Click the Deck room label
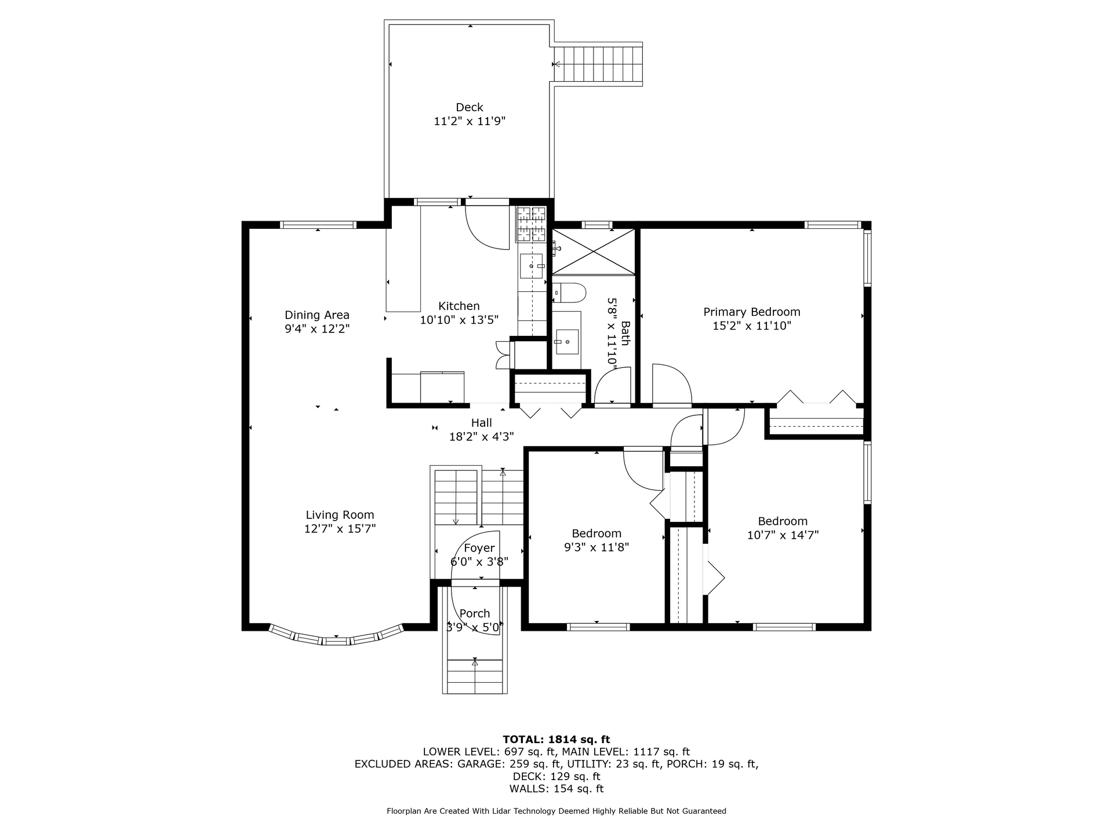click(x=470, y=107)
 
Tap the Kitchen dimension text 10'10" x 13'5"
click(x=459, y=320)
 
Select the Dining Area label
click(x=317, y=315)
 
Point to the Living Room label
click(x=340, y=515)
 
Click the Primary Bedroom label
click(x=752, y=312)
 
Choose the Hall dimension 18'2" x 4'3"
click(x=482, y=437)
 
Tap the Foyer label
click(x=479, y=548)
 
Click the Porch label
click(x=475, y=613)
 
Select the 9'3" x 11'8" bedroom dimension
click(x=596, y=547)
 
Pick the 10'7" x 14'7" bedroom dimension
click(x=783, y=535)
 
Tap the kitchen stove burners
click(x=532, y=224)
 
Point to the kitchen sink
click(x=532, y=266)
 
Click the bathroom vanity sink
click(x=566, y=342)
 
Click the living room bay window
click(x=337, y=637)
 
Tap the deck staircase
click(x=599, y=64)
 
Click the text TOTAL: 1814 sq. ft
click(x=556, y=739)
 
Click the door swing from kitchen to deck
click(x=488, y=228)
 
